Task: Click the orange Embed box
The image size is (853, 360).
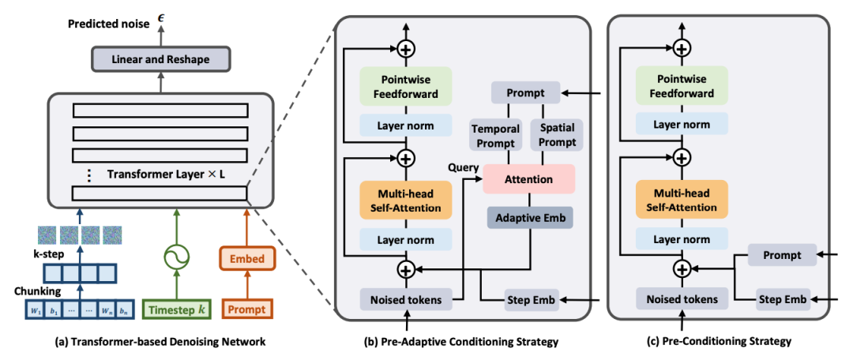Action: [247, 259]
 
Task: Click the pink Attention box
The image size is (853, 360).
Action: [528, 179]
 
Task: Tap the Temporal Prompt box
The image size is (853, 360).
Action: [495, 135]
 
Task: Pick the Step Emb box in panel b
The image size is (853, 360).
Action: [531, 299]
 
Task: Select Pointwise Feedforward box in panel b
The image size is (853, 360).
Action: [405, 86]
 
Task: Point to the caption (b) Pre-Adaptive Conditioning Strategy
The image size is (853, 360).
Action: [465, 342]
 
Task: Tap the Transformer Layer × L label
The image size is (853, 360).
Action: [166, 174]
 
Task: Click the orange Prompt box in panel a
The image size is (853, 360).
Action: [247, 309]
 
